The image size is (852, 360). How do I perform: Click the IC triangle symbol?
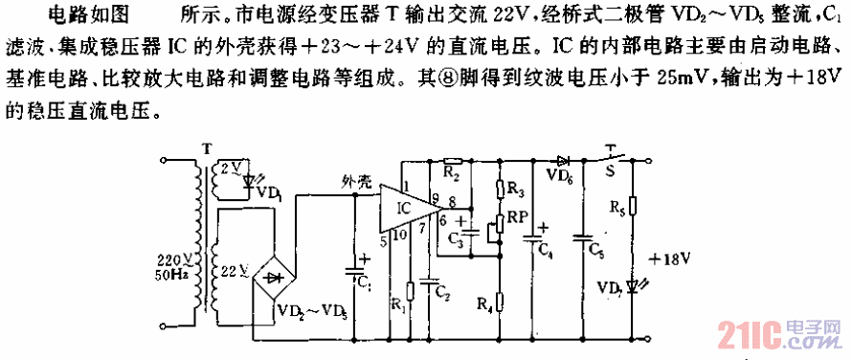point(406,207)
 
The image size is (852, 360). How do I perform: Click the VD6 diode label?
point(561,174)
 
